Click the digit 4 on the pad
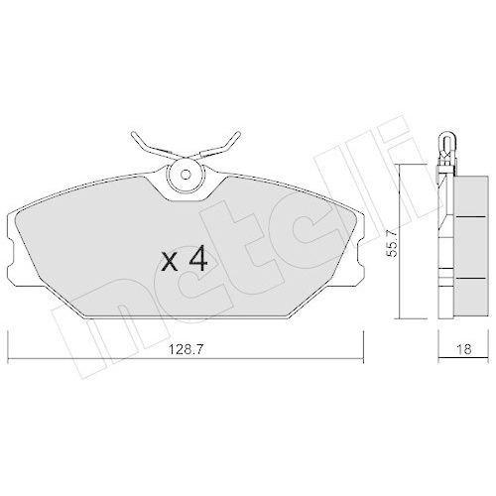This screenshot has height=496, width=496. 196,260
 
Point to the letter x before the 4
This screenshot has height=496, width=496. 170,263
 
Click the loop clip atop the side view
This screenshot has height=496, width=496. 445,145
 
